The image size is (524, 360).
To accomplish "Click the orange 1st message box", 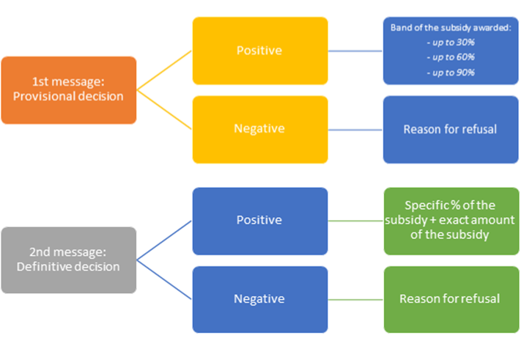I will [x=69, y=89].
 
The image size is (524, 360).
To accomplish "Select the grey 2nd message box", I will [x=69, y=260].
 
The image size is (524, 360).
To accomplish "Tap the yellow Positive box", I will [x=260, y=51].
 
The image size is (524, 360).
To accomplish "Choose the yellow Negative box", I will [x=260, y=128].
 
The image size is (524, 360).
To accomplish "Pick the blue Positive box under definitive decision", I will [x=260, y=221].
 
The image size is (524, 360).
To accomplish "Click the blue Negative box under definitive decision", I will [x=260, y=298].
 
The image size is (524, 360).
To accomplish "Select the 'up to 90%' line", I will [x=451, y=73].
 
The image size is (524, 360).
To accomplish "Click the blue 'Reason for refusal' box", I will [x=450, y=129].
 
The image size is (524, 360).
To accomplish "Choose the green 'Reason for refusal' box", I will [x=450, y=298].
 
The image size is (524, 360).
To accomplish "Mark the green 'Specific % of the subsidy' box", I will [x=450, y=221].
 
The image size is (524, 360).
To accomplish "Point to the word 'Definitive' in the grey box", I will [x=45, y=267].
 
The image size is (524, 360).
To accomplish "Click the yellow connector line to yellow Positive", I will [x=165, y=70].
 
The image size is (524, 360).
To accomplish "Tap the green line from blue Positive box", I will [x=355, y=221].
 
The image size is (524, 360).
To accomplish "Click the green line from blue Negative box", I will [x=355, y=298].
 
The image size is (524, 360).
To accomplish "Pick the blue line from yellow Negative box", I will [x=355, y=129].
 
